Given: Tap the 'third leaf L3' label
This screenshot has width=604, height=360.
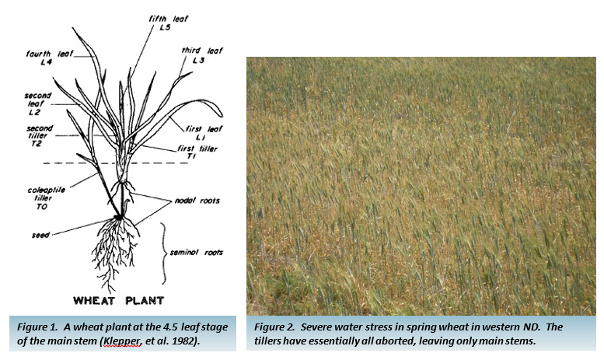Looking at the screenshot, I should tap(201, 55).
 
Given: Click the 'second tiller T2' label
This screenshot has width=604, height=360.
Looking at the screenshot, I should tap(39, 135).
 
